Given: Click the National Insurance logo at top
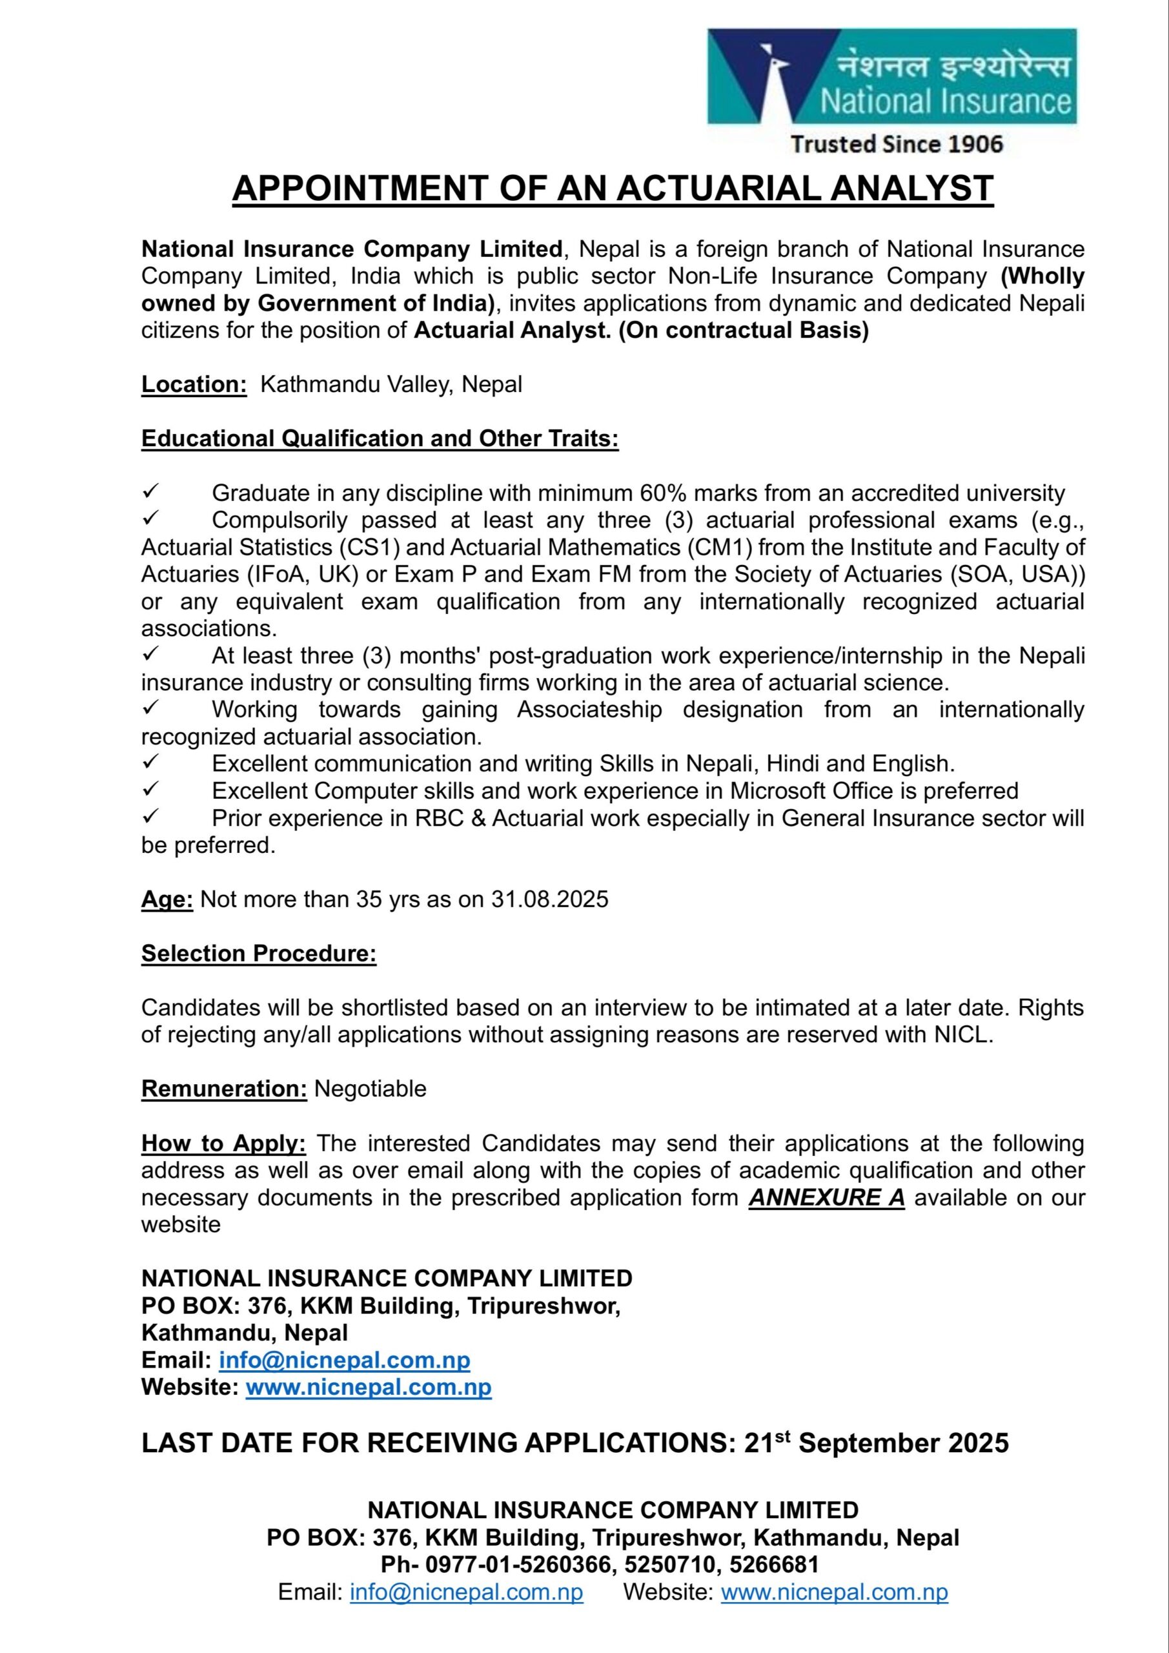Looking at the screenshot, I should coord(891,76).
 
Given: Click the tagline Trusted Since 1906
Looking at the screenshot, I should coord(896,144).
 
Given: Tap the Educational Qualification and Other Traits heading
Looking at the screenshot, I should coord(380,438).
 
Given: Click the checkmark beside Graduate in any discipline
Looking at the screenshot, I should coord(150,493).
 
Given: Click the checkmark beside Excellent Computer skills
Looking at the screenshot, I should coord(150,790).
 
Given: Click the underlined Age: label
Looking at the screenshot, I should coord(167,899).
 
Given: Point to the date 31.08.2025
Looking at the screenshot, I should coord(550,899).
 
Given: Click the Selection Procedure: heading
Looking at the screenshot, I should coord(258,953).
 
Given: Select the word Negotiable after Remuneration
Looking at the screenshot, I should coord(370,1089).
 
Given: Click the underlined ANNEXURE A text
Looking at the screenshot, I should coord(826,1197).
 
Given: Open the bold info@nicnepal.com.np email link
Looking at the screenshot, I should coord(344,1360).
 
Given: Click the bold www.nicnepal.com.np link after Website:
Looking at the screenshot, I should coord(369,1388).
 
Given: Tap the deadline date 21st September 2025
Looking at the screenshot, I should coord(876,1443).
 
